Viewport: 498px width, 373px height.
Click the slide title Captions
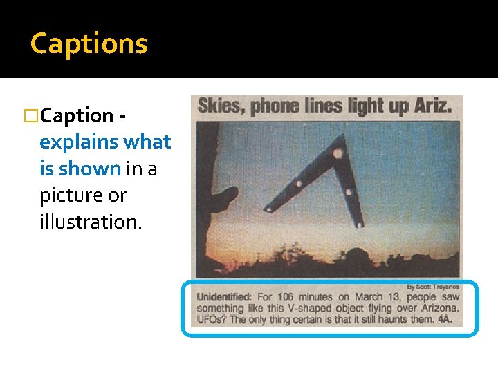(89, 44)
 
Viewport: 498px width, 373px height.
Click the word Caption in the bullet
(77, 115)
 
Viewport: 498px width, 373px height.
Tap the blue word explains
(79, 142)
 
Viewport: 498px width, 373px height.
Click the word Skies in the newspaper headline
(221, 106)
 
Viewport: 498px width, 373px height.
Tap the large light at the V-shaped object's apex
(338, 153)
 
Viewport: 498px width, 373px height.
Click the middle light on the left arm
(299, 184)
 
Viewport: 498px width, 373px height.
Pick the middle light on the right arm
(349, 192)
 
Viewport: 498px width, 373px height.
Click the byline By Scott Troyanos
(432, 287)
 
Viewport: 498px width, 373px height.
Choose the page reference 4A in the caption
(445, 319)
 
